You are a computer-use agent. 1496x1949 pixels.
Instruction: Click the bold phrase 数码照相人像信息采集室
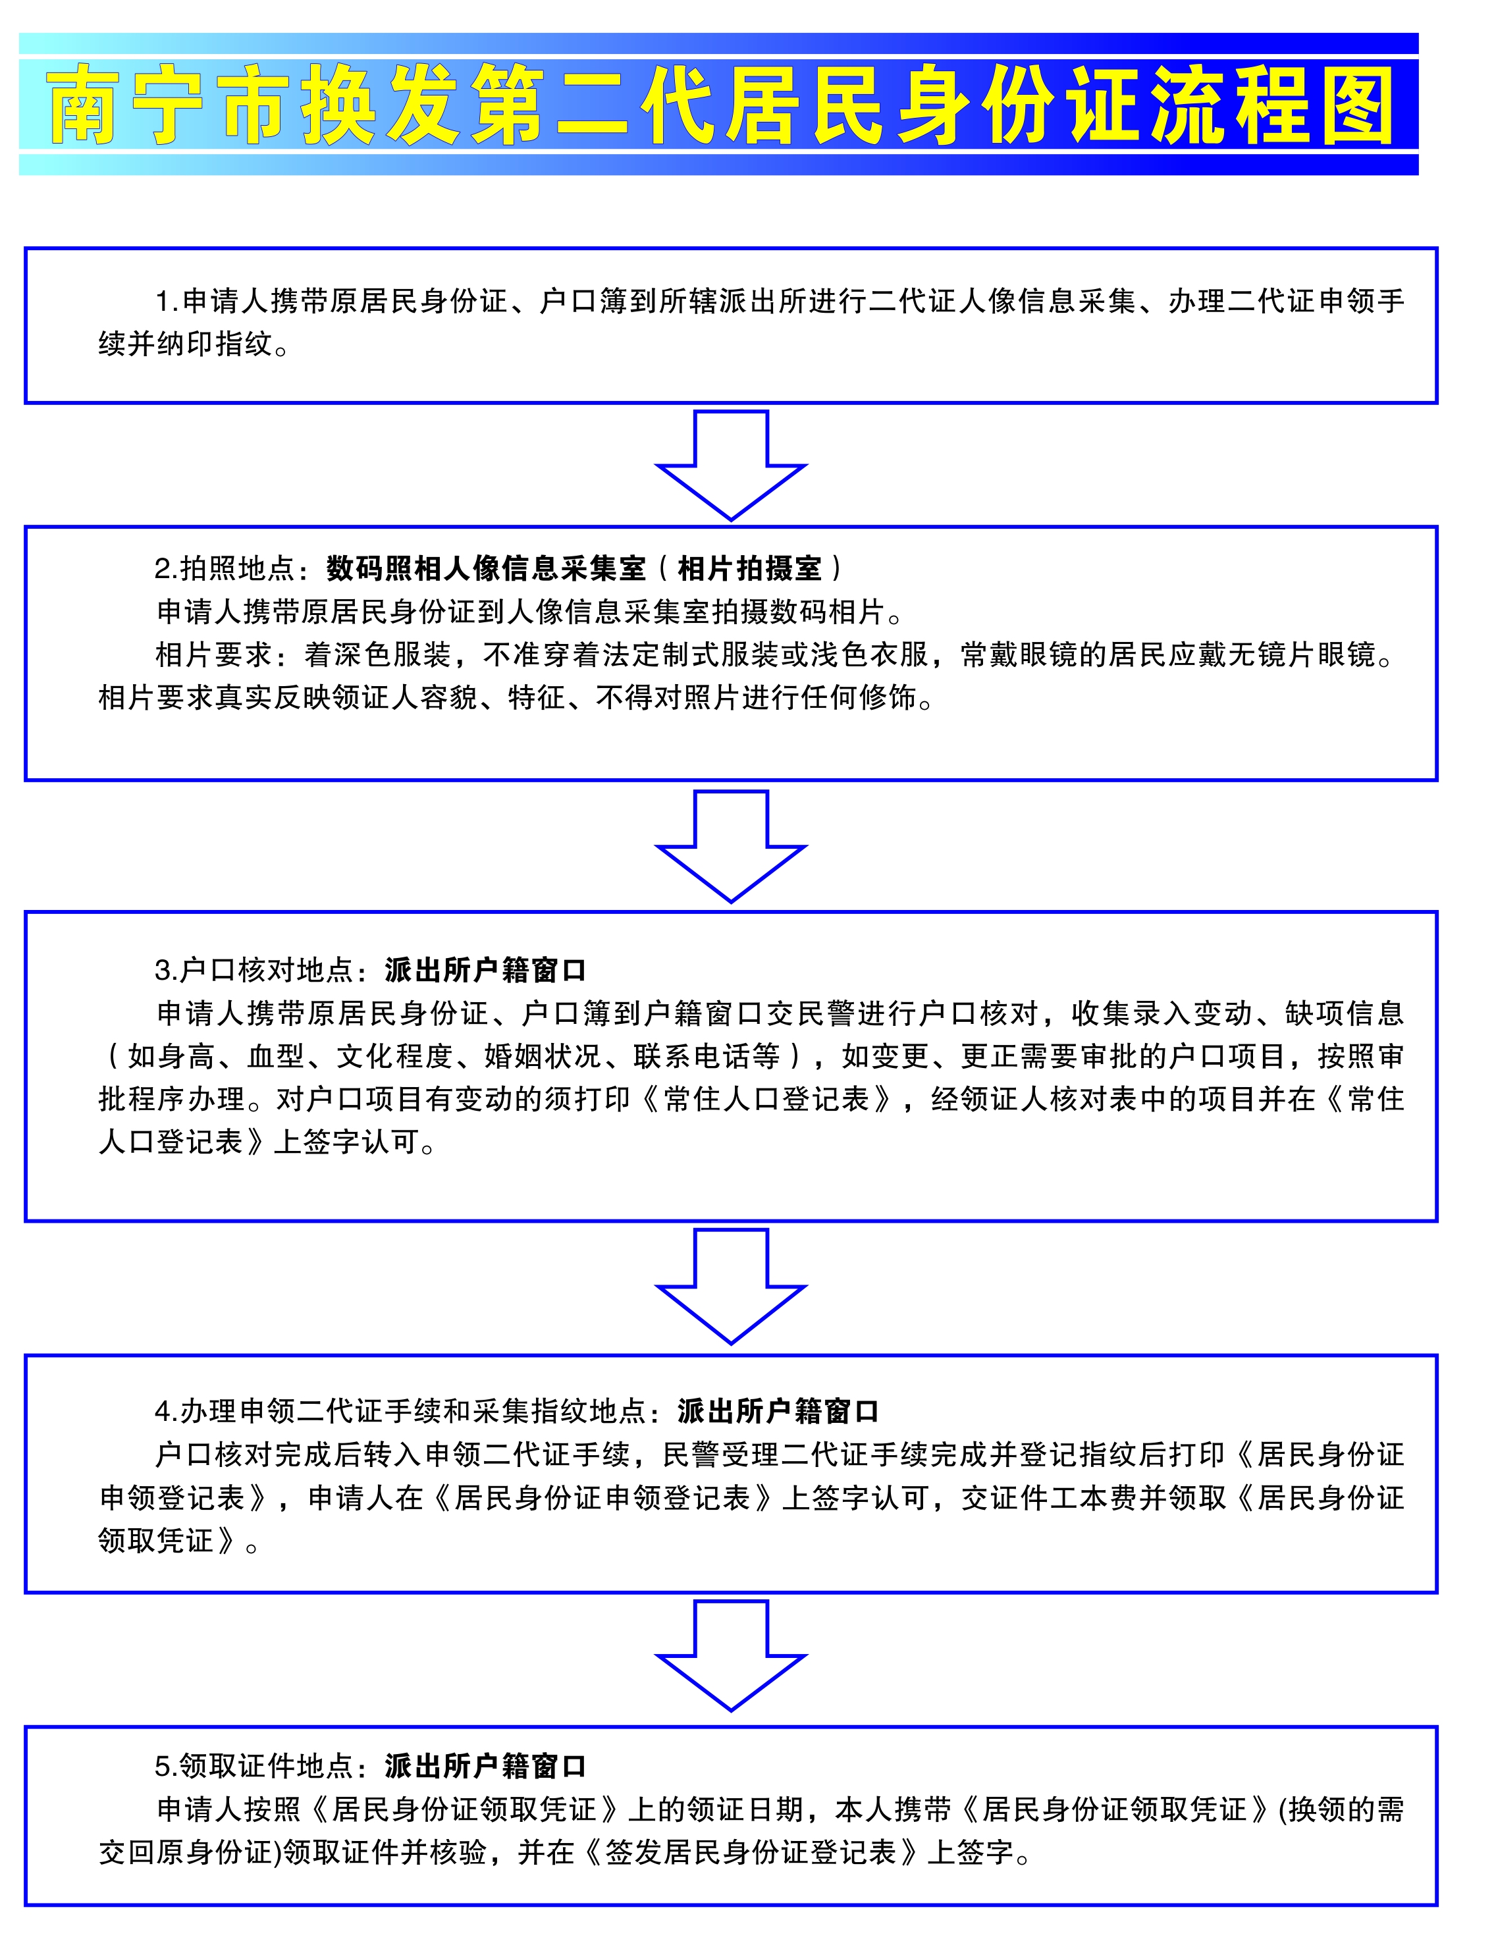pos(485,568)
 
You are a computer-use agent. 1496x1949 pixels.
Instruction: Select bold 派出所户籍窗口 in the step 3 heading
pos(485,970)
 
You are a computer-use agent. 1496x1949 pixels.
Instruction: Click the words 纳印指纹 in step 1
pos(214,344)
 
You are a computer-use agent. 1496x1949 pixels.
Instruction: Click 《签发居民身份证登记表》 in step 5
pos(753,1853)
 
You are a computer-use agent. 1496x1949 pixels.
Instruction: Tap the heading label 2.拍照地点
pos(223,568)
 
